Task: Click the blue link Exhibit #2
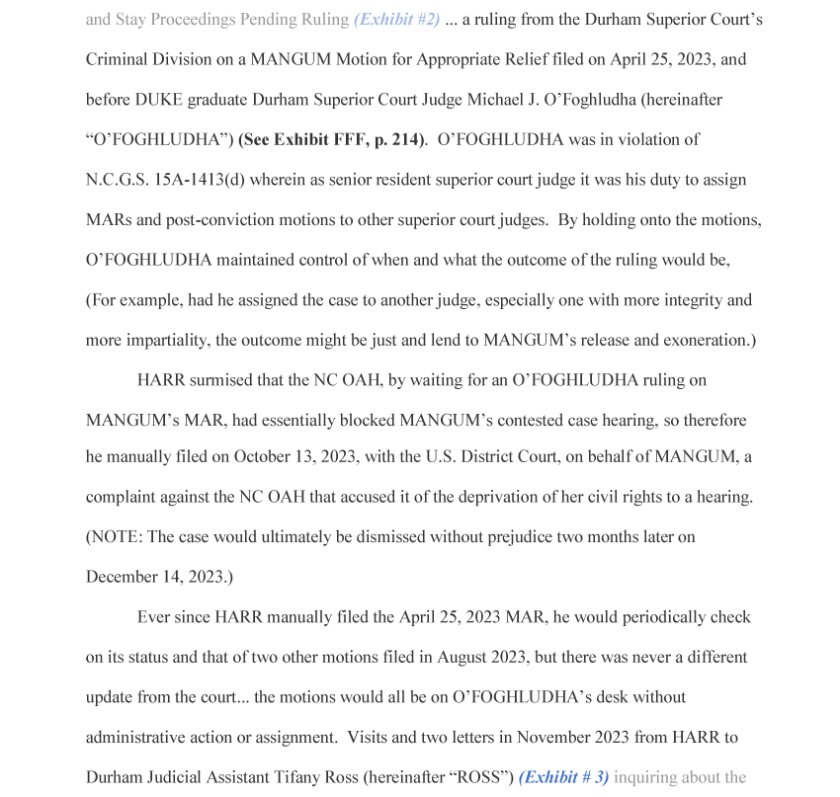(x=396, y=20)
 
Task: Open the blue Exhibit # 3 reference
(x=563, y=777)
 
